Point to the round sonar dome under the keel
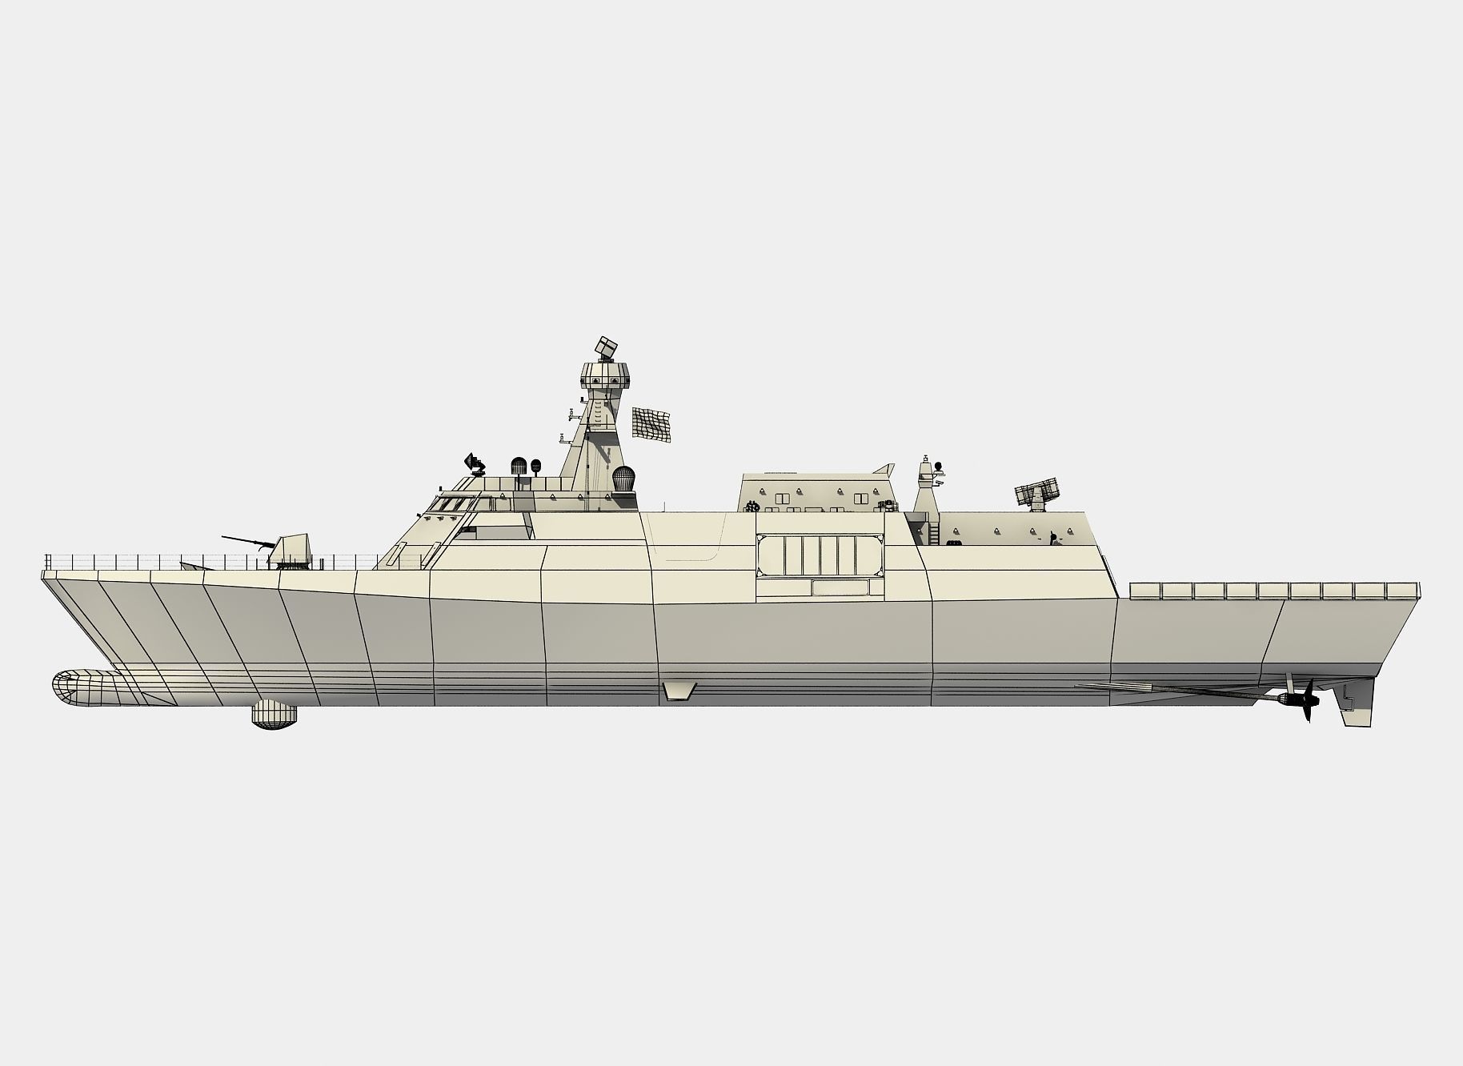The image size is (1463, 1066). pos(275,714)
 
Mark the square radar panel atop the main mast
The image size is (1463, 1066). pos(606,347)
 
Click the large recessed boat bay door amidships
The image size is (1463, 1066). pos(820,555)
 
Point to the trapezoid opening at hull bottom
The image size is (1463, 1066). pos(679,691)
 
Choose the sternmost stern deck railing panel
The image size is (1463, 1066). pos(1403,591)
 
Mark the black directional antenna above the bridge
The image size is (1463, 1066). pos(474,462)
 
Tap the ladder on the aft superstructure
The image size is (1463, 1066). pos(933,533)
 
